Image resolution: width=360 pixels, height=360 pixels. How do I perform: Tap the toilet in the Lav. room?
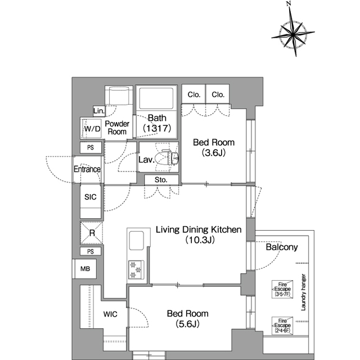tap(166, 157)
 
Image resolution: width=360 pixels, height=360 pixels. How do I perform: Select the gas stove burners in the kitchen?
tap(136, 270)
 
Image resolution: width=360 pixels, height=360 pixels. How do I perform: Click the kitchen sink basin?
tap(136, 240)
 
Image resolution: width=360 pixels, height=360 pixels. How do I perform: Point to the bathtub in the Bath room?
tap(156, 99)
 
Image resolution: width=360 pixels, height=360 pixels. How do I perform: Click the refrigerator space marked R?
tap(91, 232)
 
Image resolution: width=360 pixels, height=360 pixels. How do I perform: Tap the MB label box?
tap(85, 269)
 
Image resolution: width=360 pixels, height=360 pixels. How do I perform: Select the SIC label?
tap(91, 197)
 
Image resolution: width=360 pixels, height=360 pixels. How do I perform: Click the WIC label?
tap(110, 314)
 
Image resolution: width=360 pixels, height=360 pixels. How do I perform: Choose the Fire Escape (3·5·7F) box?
tap(282, 289)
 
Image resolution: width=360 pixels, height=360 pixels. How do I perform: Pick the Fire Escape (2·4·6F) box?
tap(282, 326)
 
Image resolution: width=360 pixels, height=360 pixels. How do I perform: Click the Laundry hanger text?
tap(303, 292)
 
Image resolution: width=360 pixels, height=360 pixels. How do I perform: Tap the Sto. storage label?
tap(161, 180)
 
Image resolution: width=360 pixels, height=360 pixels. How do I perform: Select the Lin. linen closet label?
tap(99, 111)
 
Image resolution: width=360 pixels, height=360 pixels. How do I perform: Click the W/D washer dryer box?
tap(91, 129)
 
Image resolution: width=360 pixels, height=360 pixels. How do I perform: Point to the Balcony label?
tap(282, 247)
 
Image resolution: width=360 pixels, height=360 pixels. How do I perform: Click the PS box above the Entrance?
tap(91, 147)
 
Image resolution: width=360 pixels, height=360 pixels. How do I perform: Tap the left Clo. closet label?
tap(193, 94)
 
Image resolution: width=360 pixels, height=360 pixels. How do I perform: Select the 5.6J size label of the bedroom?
tap(187, 324)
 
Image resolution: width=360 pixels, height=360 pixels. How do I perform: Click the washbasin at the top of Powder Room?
tap(119, 96)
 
